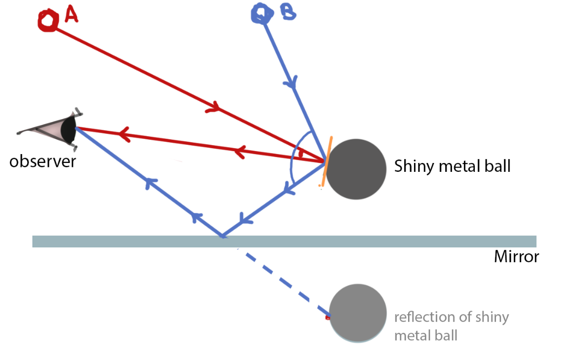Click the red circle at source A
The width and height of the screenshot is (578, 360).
point(47,21)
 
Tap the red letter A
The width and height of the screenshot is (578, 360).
point(71,16)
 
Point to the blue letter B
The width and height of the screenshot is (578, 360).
point(288,13)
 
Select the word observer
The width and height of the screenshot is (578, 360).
point(42,161)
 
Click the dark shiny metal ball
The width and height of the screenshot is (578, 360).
point(356,169)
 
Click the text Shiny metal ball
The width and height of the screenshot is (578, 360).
point(452,166)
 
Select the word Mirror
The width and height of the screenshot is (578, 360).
point(516,257)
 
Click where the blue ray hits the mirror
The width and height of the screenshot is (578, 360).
point(223,237)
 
